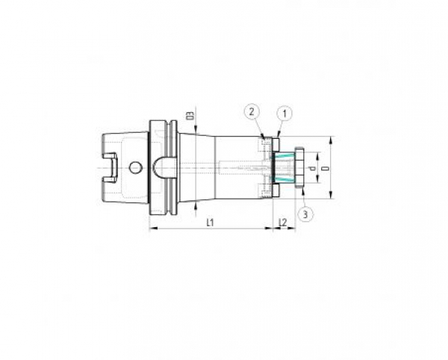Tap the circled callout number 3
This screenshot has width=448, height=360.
click(305, 214)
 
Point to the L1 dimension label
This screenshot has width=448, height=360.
click(211, 223)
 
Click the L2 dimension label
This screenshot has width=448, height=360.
click(282, 223)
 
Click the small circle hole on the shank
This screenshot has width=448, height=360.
click(135, 166)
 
